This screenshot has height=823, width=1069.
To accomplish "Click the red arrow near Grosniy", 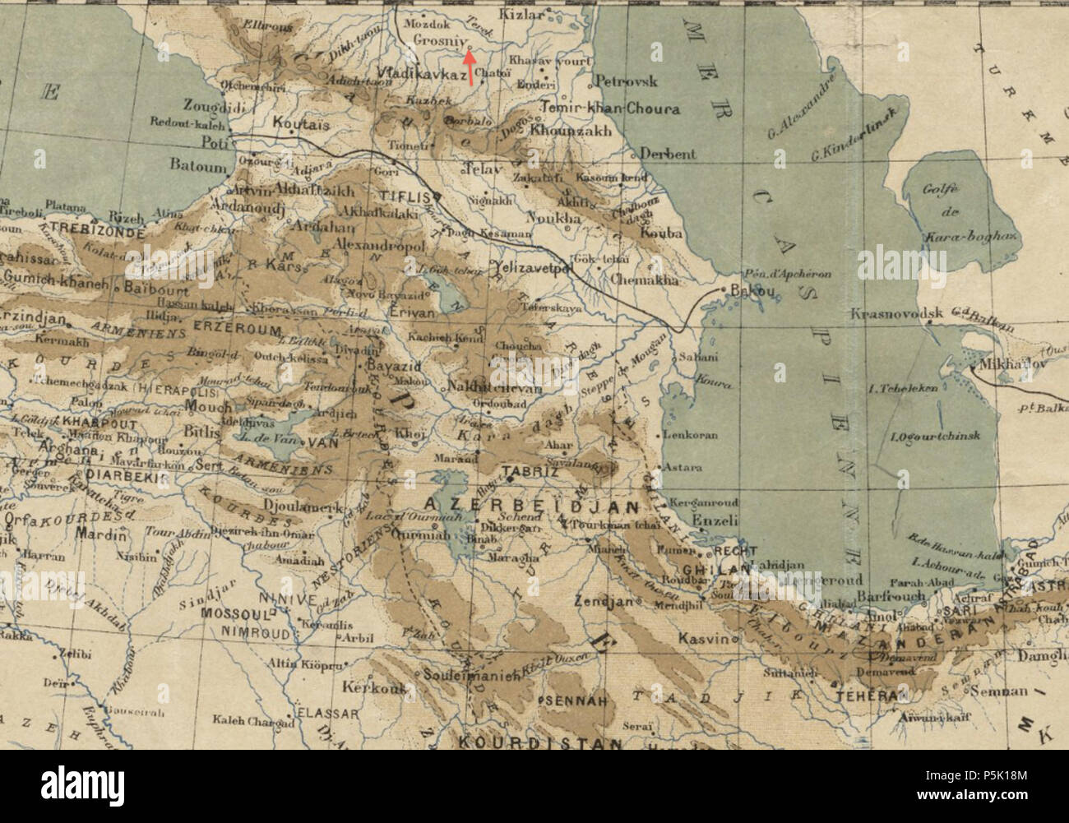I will (469, 67).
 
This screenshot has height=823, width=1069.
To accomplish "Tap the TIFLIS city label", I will (405, 197).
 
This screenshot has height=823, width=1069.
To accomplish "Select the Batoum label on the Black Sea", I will (197, 165).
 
